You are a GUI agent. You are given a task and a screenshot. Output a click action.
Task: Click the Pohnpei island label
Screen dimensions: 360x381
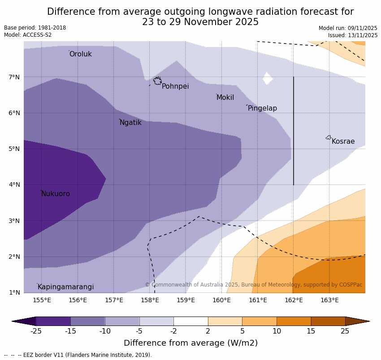pyautogui.click(x=175, y=86)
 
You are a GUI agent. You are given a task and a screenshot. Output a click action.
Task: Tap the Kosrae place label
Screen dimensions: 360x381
pyautogui.click(x=343, y=141)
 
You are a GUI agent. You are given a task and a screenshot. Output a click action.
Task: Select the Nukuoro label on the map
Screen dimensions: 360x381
pyautogui.click(x=56, y=194)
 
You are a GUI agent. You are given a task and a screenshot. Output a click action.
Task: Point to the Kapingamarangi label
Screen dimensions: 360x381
pyautogui.click(x=65, y=287)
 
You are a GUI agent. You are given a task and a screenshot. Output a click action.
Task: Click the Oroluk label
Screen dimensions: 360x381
pyautogui.click(x=80, y=54)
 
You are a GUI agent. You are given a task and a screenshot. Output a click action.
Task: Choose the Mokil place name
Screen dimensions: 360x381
pyautogui.click(x=225, y=98)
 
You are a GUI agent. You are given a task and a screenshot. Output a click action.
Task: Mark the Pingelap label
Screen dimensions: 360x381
pyautogui.click(x=262, y=108)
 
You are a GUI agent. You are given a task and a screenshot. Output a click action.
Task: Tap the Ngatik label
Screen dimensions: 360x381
pyautogui.click(x=130, y=123)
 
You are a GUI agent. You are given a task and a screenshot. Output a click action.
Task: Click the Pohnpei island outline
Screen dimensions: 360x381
pyautogui.click(x=157, y=81)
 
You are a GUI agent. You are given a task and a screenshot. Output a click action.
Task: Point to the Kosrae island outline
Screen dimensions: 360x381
pyautogui.click(x=329, y=137)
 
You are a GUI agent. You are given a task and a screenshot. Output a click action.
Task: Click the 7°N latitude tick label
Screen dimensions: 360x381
pyautogui.click(x=14, y=77)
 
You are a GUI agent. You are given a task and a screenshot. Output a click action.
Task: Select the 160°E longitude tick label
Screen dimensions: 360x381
pyautogui.click(x=222, y=300)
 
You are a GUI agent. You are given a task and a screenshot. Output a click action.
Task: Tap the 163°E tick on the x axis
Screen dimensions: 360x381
pyautogui.click(x=329, y=300)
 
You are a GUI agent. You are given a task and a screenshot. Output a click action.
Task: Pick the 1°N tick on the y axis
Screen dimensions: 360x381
pyautogui.click(x=14, y=292)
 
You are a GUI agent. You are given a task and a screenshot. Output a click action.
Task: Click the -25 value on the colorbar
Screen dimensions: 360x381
pyautogui.click(x=36, y=331)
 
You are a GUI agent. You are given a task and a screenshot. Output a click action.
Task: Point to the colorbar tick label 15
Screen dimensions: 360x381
pyautogui.click(x=311, y=331)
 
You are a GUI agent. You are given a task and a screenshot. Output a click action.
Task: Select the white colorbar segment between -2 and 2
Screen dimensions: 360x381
pyautogui.click(x=190, y=321)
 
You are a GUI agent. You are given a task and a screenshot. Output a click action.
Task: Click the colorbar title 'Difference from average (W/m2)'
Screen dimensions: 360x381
pyautogui.click(x=190, y=343)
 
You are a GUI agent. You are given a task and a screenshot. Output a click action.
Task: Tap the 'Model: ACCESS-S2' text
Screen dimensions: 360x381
pyautogui.click(x=28, y=35)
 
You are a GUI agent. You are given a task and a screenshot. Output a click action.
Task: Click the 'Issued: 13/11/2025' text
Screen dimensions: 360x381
pyautogui.click(x=352, y=35)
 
